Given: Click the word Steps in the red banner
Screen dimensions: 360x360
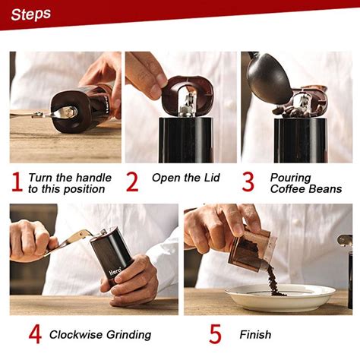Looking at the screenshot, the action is pos(31,14).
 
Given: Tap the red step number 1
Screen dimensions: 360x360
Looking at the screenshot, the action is pos(17,182).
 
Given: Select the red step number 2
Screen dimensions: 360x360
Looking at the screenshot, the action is pos(132,182).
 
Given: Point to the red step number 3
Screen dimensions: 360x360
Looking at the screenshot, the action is pos(248,182).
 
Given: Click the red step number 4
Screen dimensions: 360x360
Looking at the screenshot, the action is pos(35,334).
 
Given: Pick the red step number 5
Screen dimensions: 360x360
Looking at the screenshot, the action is pos(215,334).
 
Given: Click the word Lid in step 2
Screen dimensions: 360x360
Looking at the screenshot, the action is pos(212,178).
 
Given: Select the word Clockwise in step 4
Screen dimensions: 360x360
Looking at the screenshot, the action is pos(77,334).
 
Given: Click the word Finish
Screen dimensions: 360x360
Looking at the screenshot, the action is pos(255,334).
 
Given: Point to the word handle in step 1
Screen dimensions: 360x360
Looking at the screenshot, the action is pos(93,178).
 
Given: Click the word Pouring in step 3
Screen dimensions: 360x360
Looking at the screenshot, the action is pos(290,178).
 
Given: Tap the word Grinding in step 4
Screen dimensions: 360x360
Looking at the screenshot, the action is pos(128,335).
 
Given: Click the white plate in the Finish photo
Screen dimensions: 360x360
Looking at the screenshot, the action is pos(279,298).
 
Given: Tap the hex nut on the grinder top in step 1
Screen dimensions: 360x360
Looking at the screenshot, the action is pos(69,112).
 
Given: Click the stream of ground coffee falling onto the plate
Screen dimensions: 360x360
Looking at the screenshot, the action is pos(274,282).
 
